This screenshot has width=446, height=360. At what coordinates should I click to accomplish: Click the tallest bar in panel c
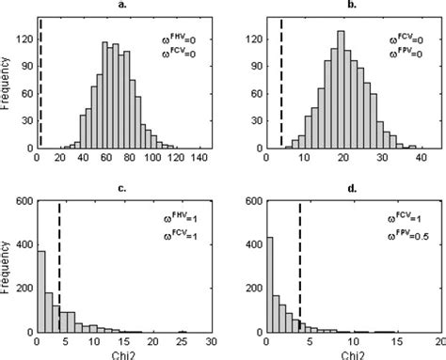[40, 291]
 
